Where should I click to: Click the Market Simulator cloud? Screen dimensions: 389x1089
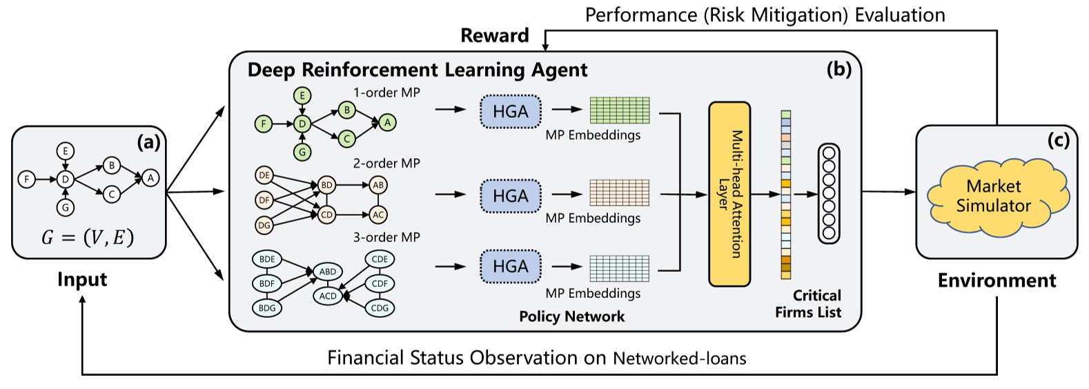993,196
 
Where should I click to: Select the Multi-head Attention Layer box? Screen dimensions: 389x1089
729,194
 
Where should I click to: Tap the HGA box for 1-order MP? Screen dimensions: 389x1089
511,111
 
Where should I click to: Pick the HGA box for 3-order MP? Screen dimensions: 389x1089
511,266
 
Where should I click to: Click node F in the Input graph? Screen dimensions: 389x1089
26,179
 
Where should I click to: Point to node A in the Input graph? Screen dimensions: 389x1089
150,178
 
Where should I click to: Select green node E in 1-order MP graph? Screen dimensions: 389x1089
302,96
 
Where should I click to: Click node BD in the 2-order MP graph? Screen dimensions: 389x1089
326,185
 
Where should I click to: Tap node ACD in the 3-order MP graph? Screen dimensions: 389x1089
328,296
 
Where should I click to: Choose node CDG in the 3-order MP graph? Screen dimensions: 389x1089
380,308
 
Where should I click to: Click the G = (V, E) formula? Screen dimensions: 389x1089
88,237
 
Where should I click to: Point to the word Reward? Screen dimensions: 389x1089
494,35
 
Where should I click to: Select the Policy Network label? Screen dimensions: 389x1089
571,317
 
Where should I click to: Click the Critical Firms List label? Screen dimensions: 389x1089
807,303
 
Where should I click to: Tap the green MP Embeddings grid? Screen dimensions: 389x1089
620,110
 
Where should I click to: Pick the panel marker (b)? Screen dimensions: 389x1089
838,69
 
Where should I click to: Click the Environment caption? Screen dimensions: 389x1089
996,280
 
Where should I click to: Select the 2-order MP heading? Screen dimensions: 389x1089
386,163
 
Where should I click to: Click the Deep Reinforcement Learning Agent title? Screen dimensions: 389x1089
417,70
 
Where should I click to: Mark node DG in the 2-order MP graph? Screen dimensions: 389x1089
264,225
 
